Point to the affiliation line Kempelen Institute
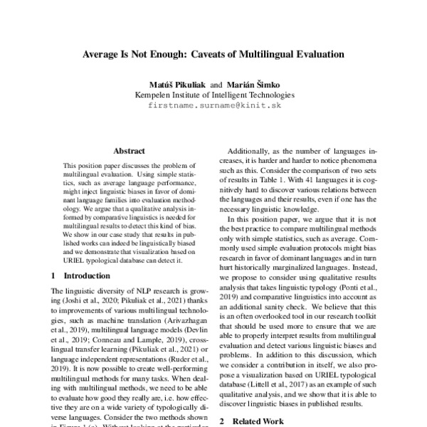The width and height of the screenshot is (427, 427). pyautogui.click(x=213, y=94)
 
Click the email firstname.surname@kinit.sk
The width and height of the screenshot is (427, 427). pyautogui.click(x=213, y=105)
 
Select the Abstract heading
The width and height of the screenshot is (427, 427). pyautogui.click(x=129, y=151)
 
